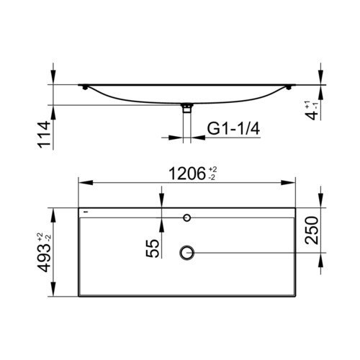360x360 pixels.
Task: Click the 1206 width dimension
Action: coord(187,174)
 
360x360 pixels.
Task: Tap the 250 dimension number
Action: coord(312,230)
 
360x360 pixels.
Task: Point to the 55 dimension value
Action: coord(153,248)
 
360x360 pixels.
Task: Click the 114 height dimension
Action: coord(45,135)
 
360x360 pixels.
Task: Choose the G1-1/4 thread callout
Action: coord(233,129)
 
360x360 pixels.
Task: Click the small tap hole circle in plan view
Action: coord(187,218)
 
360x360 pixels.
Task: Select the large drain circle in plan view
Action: coord(186,253)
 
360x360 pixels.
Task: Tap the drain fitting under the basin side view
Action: coord(187,107)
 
